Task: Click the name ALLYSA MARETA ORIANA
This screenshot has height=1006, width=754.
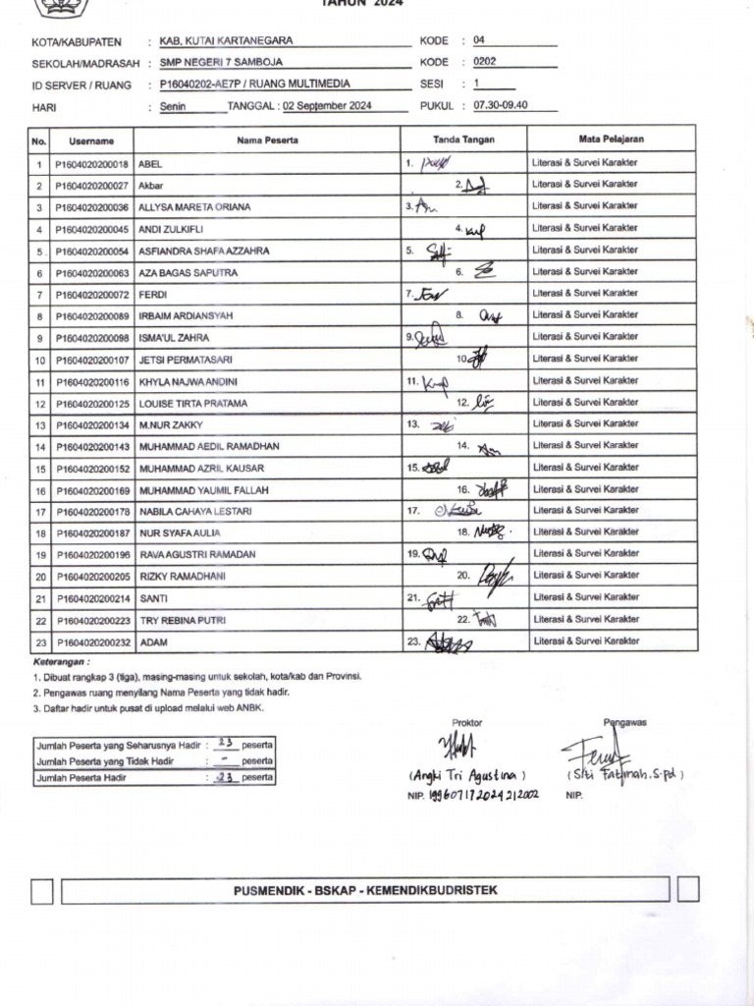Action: (194, 207)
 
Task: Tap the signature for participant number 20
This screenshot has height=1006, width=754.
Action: (496, 576)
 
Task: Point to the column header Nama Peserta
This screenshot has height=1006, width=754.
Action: (267, 140)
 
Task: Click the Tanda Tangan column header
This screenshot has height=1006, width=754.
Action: (464, 140)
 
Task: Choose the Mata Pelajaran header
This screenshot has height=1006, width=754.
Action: (612, 140)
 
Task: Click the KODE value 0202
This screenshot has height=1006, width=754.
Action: (485, 62)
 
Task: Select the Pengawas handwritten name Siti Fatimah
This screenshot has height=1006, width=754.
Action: (625, 774)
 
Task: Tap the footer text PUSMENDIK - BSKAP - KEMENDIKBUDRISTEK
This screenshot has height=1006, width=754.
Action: (365, 890)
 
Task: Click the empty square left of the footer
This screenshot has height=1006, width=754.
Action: (42, 891)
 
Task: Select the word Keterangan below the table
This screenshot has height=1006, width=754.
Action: (60, 662)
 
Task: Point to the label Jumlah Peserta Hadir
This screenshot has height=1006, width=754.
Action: (82, 777)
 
